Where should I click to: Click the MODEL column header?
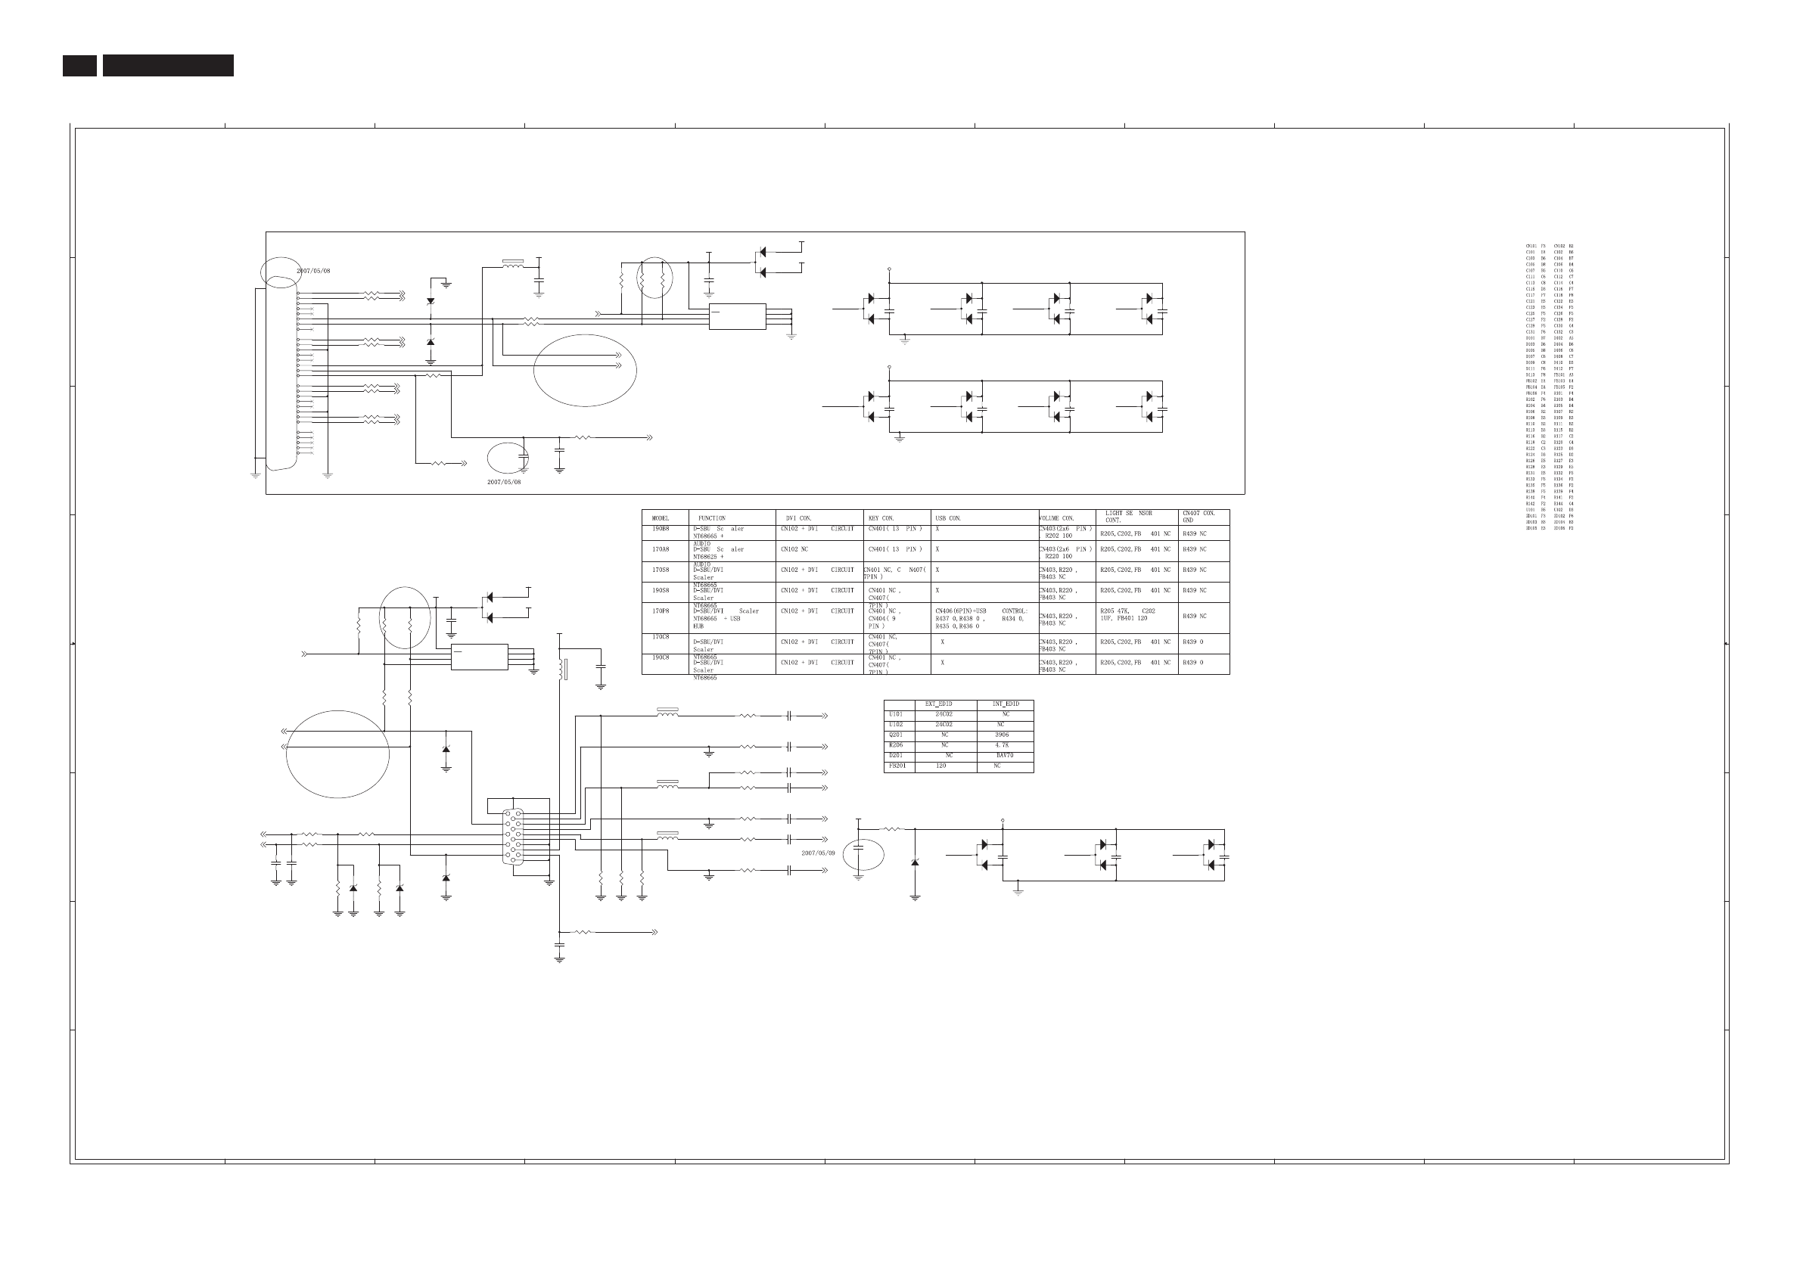tap(661, 518)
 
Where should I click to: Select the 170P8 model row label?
tap(661, 611)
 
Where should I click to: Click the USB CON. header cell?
tap(948, 518)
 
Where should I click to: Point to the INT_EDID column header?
tap(1005, 704)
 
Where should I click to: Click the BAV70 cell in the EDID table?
tap(1005, 756)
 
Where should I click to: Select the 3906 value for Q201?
tap(1002, 735)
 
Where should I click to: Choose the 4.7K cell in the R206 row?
tap(1002, 745)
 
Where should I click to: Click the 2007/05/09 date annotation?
tap(818, 853)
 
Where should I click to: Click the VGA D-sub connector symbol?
tap(513, 836)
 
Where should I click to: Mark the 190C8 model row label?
tap(661, 657)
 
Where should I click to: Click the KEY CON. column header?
tap(881, 518)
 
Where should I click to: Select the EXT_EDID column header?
tap(938, 704)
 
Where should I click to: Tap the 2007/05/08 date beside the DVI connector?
tap(313, 271)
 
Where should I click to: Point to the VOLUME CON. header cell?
tap(1057, 518)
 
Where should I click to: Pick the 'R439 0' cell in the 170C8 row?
tap(1192, 642)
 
